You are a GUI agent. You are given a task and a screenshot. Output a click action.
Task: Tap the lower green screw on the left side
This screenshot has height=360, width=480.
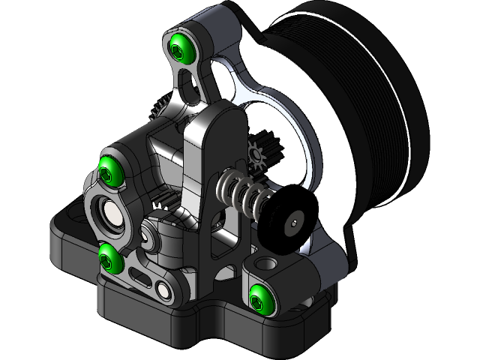[x=110, y=257]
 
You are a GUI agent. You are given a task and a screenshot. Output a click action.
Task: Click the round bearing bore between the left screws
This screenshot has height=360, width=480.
[x=110, y=215]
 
